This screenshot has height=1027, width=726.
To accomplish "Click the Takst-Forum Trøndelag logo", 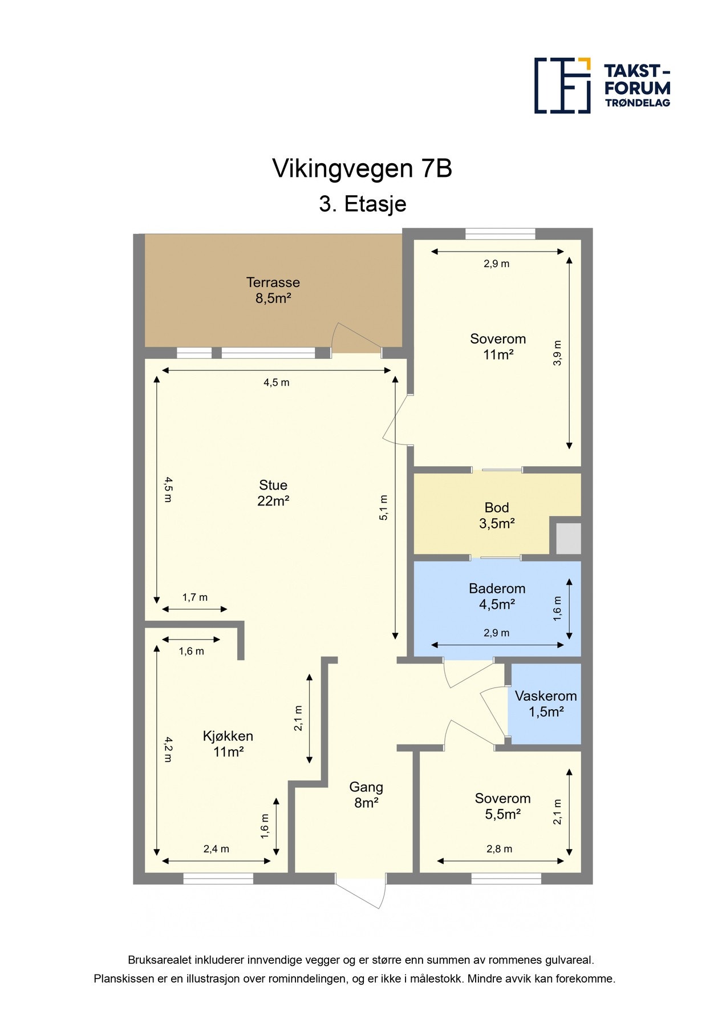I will (x=602, y=86).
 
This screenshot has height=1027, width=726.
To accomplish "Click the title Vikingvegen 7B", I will (x=362, y=169).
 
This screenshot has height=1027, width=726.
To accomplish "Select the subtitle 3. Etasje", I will (x=362, y=204).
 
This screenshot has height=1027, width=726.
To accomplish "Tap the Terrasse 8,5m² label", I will (x=273, y=290).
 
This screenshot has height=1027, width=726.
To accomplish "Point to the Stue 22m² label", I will (x=273, y=493).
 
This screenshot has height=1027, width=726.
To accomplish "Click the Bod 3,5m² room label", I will (x=497, y=516).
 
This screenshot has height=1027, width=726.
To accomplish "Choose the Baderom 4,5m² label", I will (x=497, y=597).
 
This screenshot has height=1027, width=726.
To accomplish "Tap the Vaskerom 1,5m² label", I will (x=546, y=704).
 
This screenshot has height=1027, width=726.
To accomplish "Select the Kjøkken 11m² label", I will (x=228, y=744).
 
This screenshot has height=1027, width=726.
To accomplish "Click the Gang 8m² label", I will (x=366, y=795).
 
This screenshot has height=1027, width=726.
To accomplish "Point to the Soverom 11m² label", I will (x=498, y=347).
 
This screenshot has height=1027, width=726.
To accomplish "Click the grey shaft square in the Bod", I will (x=568, y=538).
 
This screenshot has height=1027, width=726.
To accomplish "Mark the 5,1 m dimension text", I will (x=384, y=508).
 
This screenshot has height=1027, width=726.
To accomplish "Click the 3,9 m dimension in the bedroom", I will (x=558, y=353).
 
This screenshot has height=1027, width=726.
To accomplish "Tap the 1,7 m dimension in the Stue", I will (x=194, y=597).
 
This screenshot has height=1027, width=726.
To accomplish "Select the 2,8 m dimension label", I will (x=499, y=849).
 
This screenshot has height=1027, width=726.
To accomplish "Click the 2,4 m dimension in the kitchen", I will (x=216, y=849).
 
